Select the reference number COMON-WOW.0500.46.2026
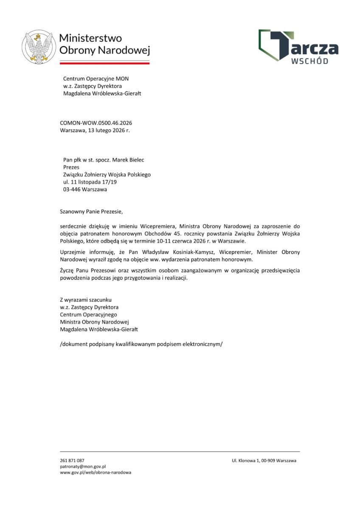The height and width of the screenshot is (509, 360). [93, 123]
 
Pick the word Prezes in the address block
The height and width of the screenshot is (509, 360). [71, 167]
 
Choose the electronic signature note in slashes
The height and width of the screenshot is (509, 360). [141, 344]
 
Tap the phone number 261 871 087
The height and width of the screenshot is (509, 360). [72, 460]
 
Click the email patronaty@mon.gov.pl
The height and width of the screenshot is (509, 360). [83, 466]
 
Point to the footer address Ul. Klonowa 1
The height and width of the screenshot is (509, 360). [247, 460]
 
